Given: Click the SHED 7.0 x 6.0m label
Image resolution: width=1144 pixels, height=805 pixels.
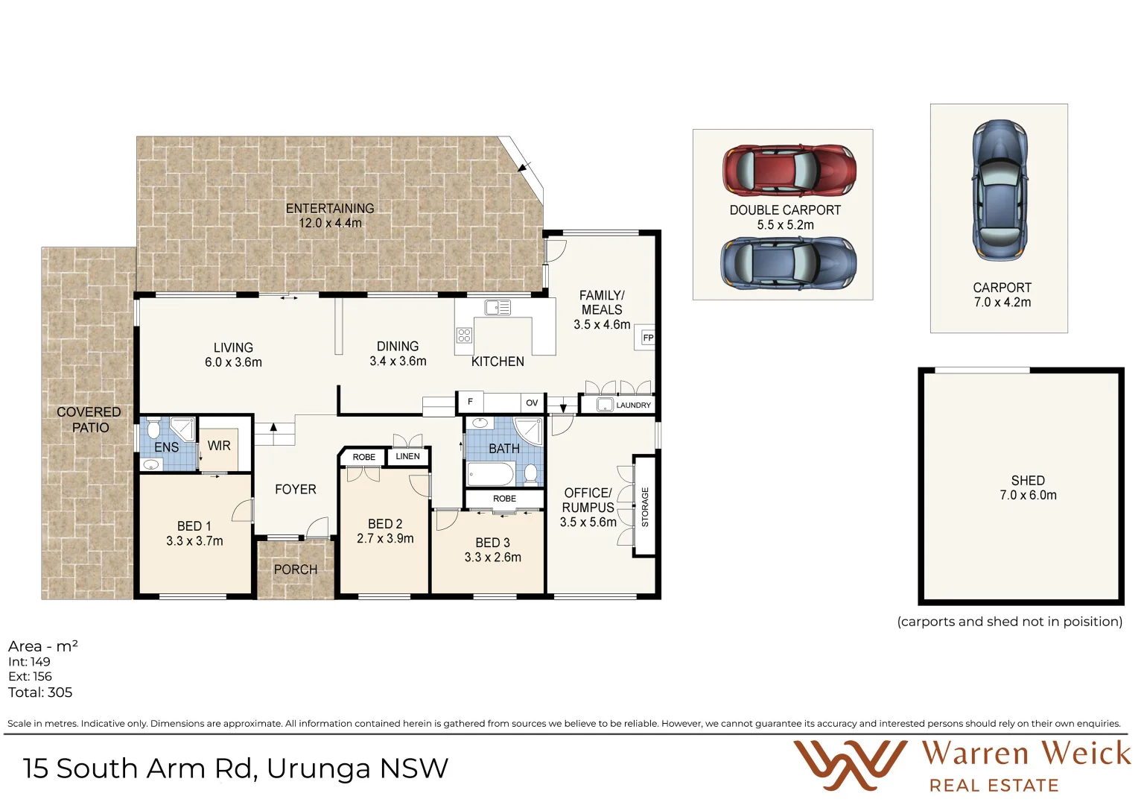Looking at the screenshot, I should [1028, 488].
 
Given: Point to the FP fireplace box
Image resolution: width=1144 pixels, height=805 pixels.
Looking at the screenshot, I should [647, 338].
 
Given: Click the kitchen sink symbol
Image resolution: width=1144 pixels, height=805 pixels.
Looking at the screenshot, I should [498, 307].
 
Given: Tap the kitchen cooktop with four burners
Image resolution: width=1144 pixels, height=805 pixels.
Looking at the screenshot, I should [464, 335].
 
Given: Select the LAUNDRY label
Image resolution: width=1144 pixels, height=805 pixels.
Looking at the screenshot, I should [633, 405].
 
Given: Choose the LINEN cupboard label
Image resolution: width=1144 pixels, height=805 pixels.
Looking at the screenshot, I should [407, 456].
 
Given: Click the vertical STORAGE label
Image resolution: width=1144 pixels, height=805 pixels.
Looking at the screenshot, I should [645, 507].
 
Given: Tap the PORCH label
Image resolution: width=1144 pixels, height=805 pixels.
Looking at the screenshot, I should [296, 569].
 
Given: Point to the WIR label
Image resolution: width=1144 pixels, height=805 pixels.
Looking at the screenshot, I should [219, 446].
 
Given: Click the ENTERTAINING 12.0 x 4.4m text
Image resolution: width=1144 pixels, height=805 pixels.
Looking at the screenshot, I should [330, 215].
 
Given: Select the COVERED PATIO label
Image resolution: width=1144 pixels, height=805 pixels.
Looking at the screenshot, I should [89, 420].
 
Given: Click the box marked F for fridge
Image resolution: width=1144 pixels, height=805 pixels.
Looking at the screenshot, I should [470, 402].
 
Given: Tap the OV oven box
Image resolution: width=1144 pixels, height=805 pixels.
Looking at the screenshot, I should [532, 402].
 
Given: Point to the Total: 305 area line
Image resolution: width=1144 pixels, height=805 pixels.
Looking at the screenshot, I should [40, 692].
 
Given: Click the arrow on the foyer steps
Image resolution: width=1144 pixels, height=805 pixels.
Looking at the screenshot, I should [273, 428].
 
